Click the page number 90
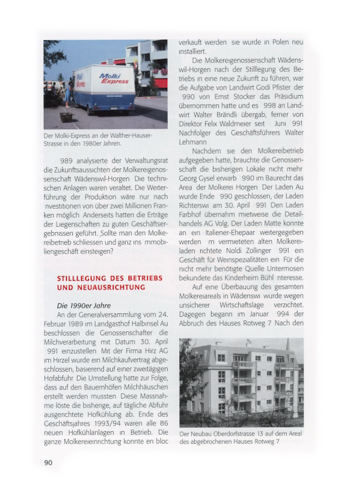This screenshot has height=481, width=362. click(x=48, y=462)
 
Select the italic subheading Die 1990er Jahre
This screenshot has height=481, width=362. click(x=84, y=305)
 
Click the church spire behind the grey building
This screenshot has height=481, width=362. click(x=287, y=346)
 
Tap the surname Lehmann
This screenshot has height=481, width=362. click(x=194, y=141)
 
